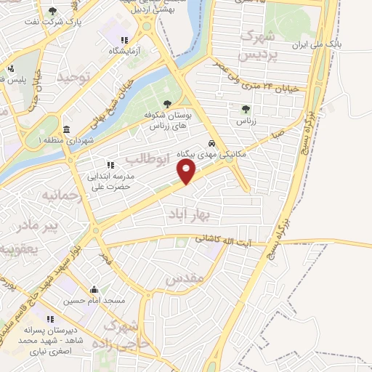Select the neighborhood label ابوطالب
coord(147,158)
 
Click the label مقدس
coord(182,278)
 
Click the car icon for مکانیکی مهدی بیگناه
coord(211,143)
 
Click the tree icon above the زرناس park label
coord(245,110)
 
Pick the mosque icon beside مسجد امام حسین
coord(93,288)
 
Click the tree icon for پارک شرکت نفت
coord(52,10)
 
